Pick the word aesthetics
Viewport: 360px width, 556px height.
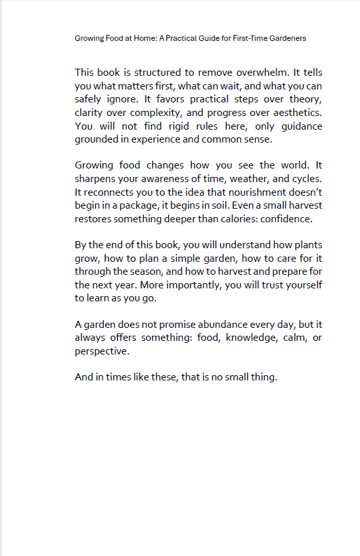tap(291, 113)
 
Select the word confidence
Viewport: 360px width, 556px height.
tap(282, 219)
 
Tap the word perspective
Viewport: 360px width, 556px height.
tap(102, 351)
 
